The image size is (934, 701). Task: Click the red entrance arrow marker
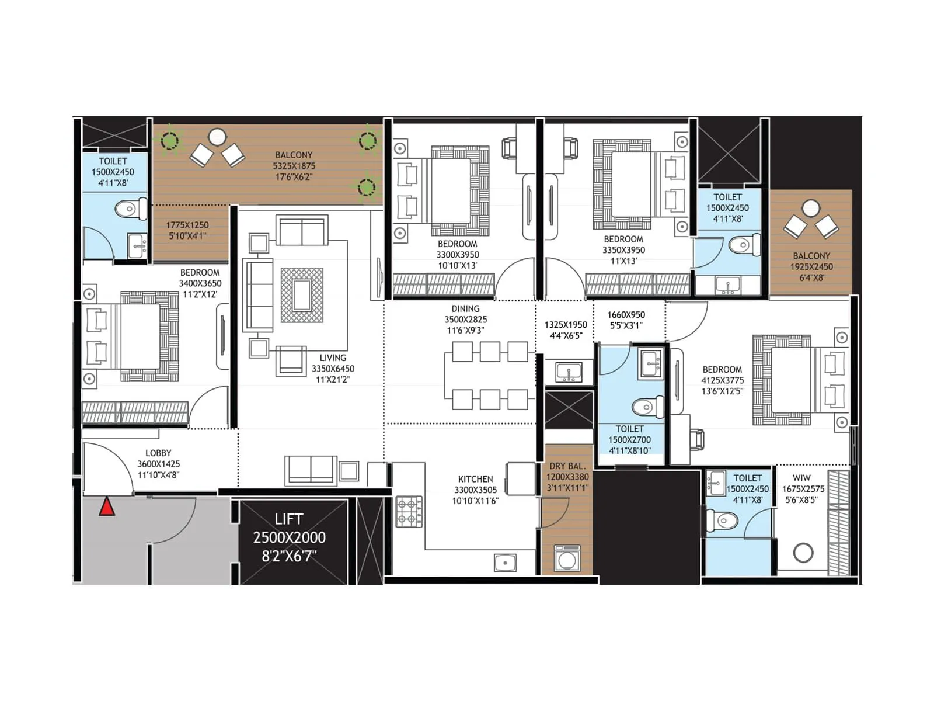point(106,506)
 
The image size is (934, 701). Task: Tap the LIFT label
point(288,519)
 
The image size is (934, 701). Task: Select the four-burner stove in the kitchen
point(409,511)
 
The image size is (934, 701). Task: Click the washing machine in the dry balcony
point(566,559)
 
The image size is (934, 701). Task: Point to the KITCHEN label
point(475,479)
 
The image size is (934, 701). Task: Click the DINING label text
point(465,308)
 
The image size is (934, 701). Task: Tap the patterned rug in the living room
point(302,295)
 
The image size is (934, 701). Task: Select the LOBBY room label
point(158,453)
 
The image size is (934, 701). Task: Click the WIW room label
point(801,478)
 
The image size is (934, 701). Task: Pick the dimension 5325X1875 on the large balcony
point(294,166)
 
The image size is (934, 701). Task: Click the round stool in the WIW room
point(803,552)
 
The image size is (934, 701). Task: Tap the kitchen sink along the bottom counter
point(505,563)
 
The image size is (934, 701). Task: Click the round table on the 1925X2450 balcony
point(811,207)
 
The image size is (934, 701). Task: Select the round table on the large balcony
point(217,137)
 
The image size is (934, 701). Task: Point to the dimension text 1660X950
point(626,315)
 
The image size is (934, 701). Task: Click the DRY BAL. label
point(567,466)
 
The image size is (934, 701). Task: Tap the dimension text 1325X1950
point(566,325)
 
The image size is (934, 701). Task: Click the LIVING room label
point(333,358)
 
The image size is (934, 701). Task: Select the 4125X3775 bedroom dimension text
point(723,380)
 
